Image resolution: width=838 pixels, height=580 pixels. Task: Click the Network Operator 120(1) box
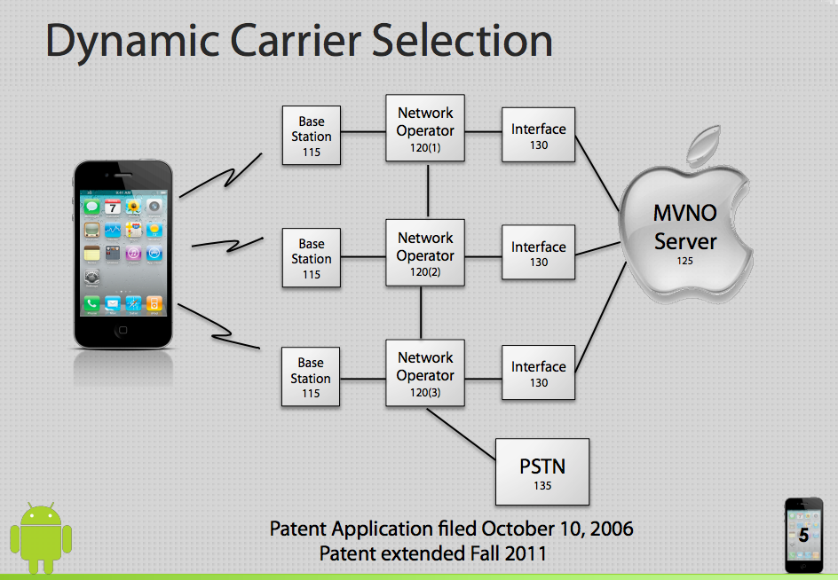coord(425,129)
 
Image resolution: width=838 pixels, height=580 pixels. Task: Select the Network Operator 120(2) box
coord(425,253)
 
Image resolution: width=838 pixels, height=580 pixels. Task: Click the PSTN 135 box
coord(542,471)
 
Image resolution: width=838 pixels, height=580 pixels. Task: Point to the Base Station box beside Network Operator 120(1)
coord(311,136)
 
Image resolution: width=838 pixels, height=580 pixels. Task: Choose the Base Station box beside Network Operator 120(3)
coord(311,377)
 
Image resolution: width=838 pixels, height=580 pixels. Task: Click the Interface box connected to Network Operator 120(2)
coord(538,254)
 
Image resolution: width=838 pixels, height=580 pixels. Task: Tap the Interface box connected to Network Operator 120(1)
coord(538,135)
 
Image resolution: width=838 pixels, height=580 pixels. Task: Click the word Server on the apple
coord(685,241)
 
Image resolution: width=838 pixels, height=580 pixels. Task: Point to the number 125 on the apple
coord(684,262)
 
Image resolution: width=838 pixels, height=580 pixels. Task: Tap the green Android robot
coord(40,537)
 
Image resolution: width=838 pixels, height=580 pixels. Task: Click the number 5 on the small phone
coord(803,536)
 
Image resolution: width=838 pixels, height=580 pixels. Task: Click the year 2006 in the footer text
coord(611,529)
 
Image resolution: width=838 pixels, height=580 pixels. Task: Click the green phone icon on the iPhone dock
coord(92,304)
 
